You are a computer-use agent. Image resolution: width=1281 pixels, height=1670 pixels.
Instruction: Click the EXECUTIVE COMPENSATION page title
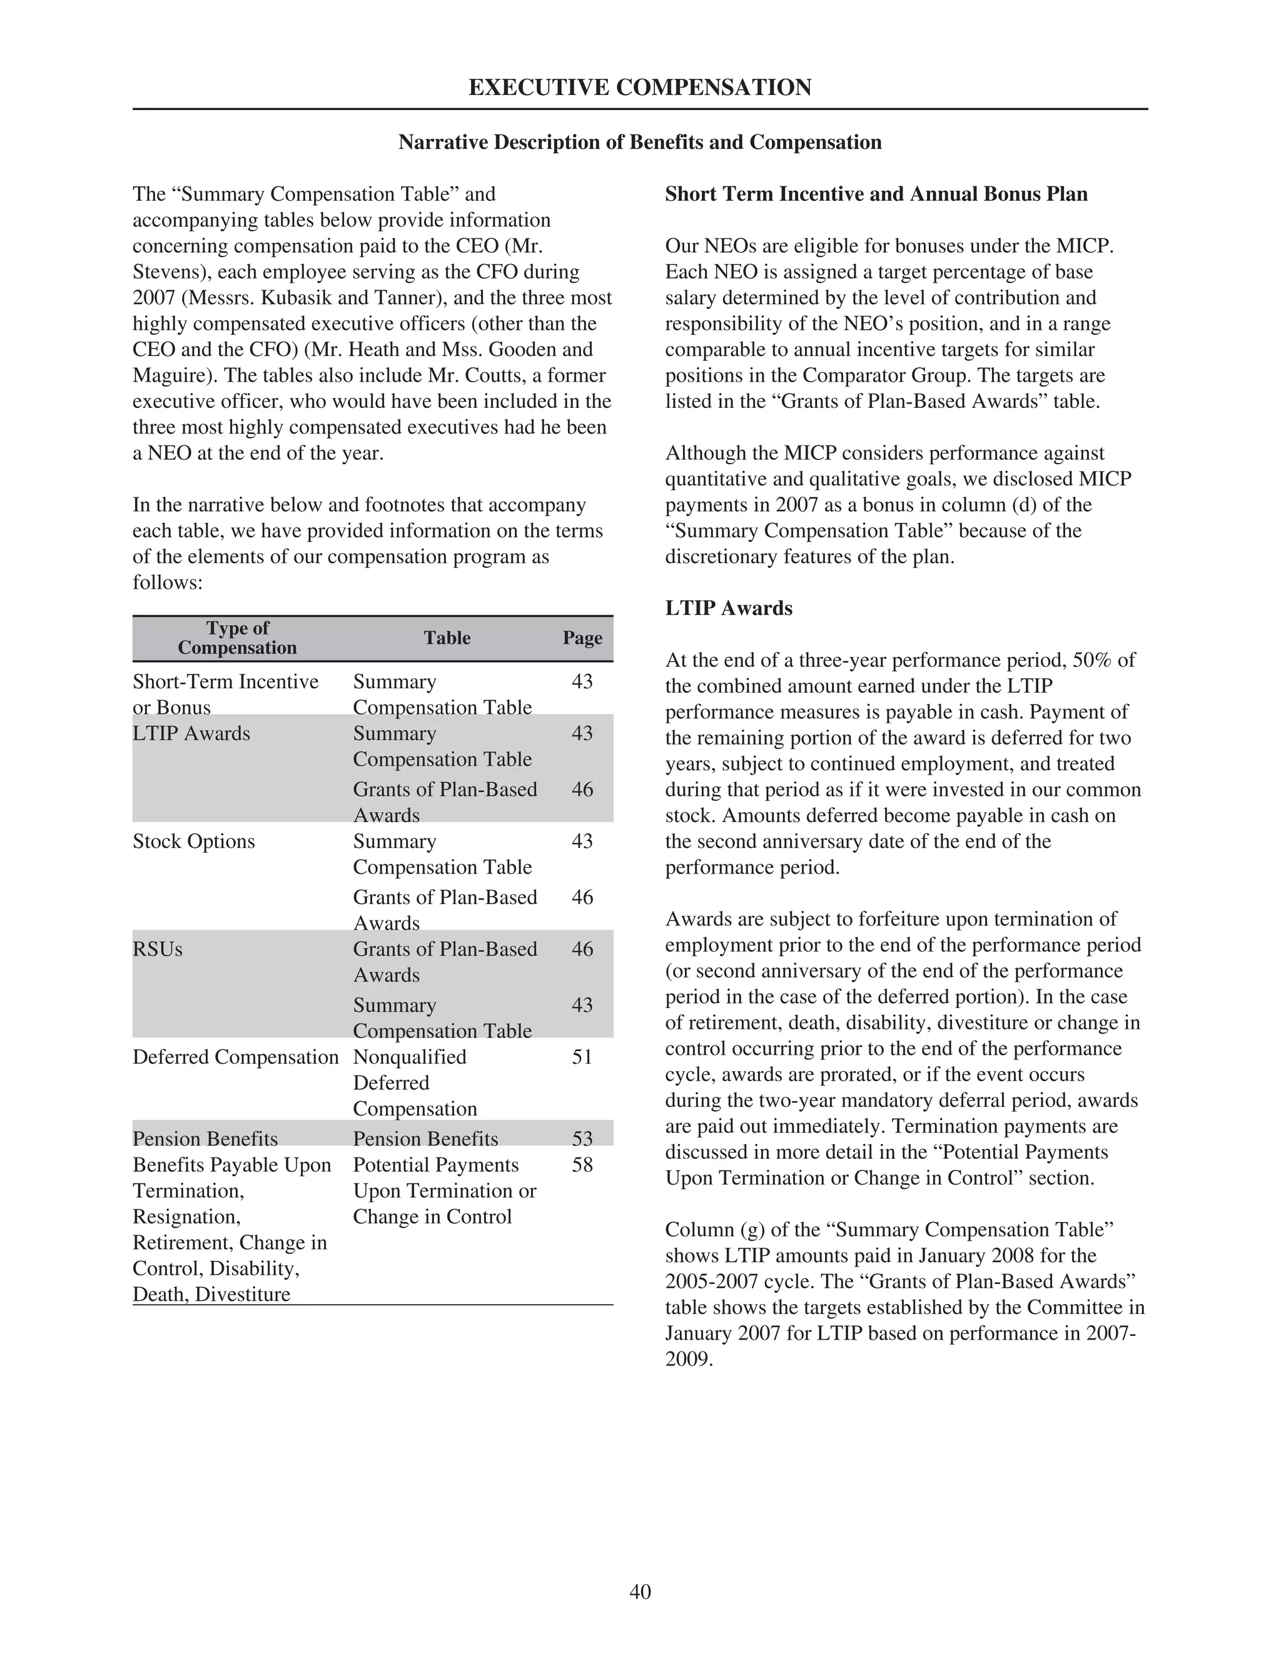(640, 88)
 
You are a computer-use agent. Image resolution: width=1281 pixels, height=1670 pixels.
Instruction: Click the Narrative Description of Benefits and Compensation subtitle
(640, 143)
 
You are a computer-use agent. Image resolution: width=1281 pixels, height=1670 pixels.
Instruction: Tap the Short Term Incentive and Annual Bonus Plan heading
(876, 195)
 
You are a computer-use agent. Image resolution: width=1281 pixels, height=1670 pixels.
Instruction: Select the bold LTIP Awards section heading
(728, 609)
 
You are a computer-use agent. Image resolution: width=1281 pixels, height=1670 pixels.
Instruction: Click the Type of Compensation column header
(237, 638)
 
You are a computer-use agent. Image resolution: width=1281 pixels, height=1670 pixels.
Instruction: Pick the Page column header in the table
(582, 638)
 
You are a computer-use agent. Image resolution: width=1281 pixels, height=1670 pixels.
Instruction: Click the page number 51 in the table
(582, 1057)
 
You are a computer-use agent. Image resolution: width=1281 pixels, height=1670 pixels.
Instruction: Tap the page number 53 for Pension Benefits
(582, 1139)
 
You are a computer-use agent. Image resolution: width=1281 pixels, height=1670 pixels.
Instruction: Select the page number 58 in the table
(582, 1164)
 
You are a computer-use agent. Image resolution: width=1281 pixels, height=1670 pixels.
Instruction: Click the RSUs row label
(157, 949)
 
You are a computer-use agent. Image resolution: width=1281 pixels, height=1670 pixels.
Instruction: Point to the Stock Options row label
(194, 841)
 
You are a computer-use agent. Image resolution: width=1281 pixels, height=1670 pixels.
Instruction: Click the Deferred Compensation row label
(235, 1057)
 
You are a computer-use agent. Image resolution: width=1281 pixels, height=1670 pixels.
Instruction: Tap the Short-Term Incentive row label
(225, 682)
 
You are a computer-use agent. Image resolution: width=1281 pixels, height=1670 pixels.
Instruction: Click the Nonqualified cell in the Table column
(410, 1057)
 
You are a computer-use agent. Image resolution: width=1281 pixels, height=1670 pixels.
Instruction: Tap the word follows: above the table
(167, 583)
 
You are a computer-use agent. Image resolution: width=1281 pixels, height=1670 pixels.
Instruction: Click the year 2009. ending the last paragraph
(689, 1359)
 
